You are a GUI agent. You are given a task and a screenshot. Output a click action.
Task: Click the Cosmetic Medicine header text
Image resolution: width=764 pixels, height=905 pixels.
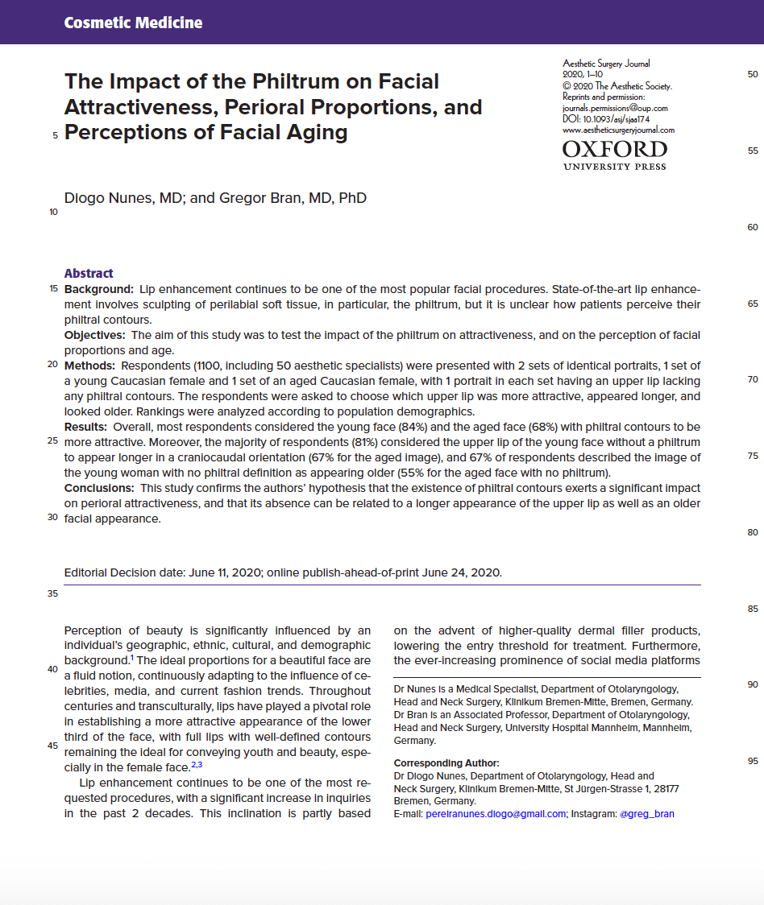point(133,23)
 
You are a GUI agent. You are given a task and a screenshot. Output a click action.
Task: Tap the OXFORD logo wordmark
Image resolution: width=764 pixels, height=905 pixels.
point(614,149)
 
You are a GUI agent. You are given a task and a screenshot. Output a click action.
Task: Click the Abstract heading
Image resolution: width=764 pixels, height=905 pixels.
point(89,273)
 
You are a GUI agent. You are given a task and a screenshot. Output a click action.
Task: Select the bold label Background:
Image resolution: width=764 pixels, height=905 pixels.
point(99,288)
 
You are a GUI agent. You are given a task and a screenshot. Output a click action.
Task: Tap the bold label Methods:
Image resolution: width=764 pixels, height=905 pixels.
point(91,365)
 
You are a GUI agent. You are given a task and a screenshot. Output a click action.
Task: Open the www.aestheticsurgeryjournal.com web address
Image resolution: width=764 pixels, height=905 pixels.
point(618,130)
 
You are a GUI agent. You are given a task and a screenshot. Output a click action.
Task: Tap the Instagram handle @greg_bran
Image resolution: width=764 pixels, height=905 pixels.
point(646,814)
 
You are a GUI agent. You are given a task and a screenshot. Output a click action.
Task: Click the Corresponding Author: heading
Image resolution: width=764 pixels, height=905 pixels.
point(446,762)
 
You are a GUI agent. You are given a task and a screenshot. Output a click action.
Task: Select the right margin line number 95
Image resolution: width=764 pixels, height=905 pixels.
point(753,761)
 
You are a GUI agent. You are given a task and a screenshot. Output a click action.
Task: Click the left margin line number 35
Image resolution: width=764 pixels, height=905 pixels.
point(53,593)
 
